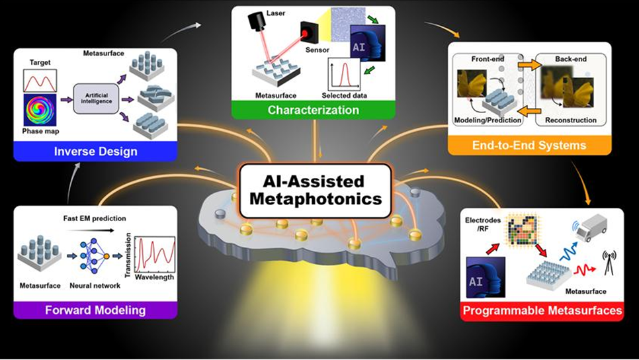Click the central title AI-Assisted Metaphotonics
316,191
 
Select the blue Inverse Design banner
95,152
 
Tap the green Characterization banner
314,110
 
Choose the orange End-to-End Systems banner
529,146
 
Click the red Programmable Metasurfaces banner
542,310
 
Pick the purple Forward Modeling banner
95,310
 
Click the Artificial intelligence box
96,98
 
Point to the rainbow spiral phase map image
40,110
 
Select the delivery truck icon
593,228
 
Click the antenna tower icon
609,263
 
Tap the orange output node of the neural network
106,257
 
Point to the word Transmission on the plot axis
128,255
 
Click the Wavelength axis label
154,277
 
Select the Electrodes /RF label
483,224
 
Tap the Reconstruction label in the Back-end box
570,120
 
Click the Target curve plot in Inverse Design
40,80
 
